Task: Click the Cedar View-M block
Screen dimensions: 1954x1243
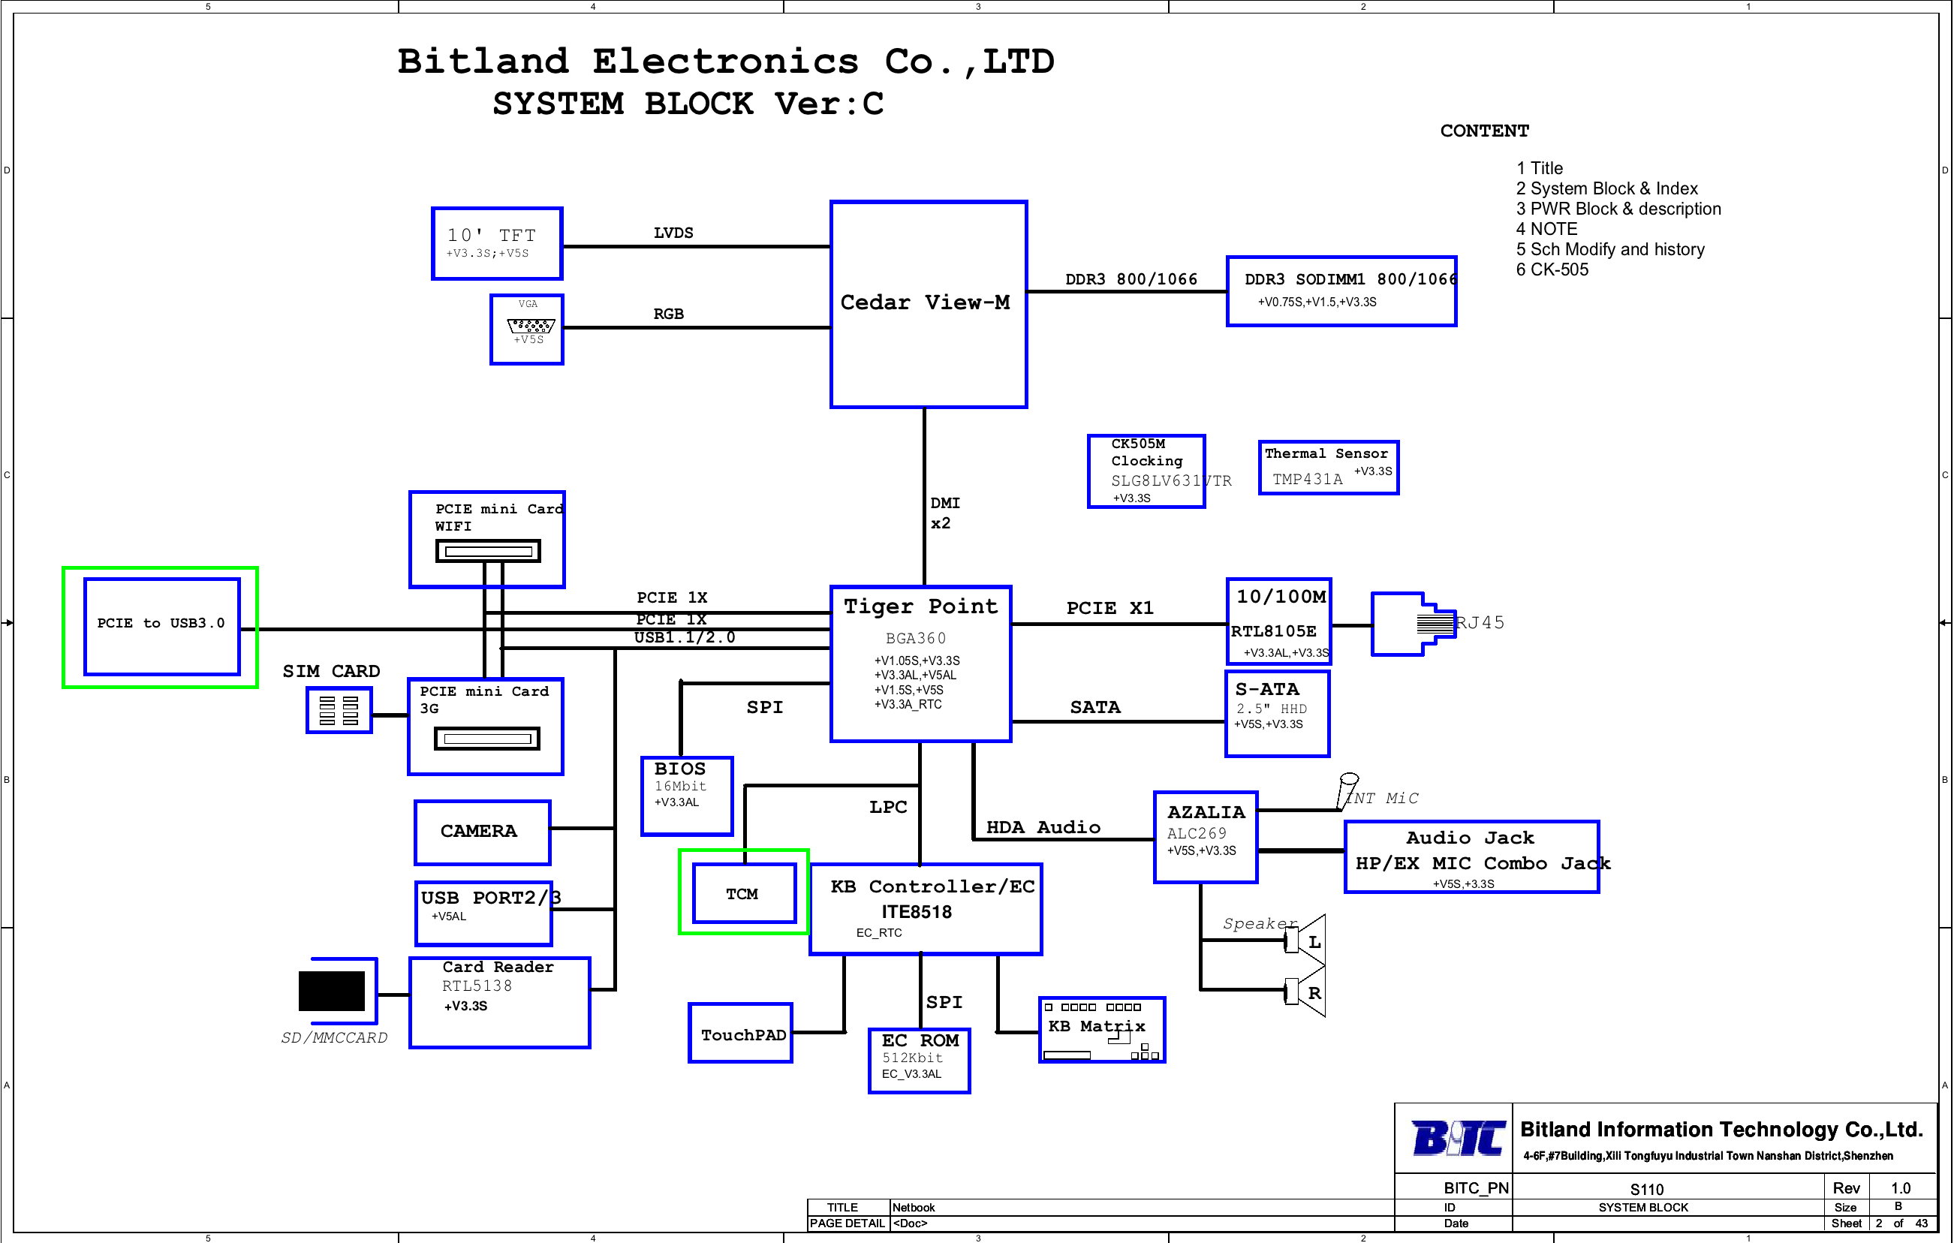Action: (929, 304)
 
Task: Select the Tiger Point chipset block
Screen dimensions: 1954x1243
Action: (921, 664)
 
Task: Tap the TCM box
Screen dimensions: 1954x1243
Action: (744, 892)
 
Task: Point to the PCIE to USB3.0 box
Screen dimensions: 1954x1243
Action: (161, 625)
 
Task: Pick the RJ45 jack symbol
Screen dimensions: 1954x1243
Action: (1413, 623)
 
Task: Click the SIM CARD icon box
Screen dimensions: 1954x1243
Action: (339, 710)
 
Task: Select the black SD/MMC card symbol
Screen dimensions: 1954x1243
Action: (331, 991)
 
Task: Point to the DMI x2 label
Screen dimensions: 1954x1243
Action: (944, 513)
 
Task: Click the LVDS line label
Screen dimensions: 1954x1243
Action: (673, 233)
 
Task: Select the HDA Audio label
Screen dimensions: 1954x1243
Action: (1043, 826)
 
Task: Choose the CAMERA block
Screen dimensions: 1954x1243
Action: (483, 832)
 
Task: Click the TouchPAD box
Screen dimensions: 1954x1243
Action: (741, 1033)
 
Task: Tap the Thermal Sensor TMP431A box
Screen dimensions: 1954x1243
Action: (1329, 468)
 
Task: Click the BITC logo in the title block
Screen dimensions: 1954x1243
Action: (1459, 1137)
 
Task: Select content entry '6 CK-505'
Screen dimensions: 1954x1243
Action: (1552, 269)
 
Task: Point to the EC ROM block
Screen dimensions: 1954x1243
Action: (920, 1061)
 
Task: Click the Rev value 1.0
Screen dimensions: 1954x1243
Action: (1901, 1187)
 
